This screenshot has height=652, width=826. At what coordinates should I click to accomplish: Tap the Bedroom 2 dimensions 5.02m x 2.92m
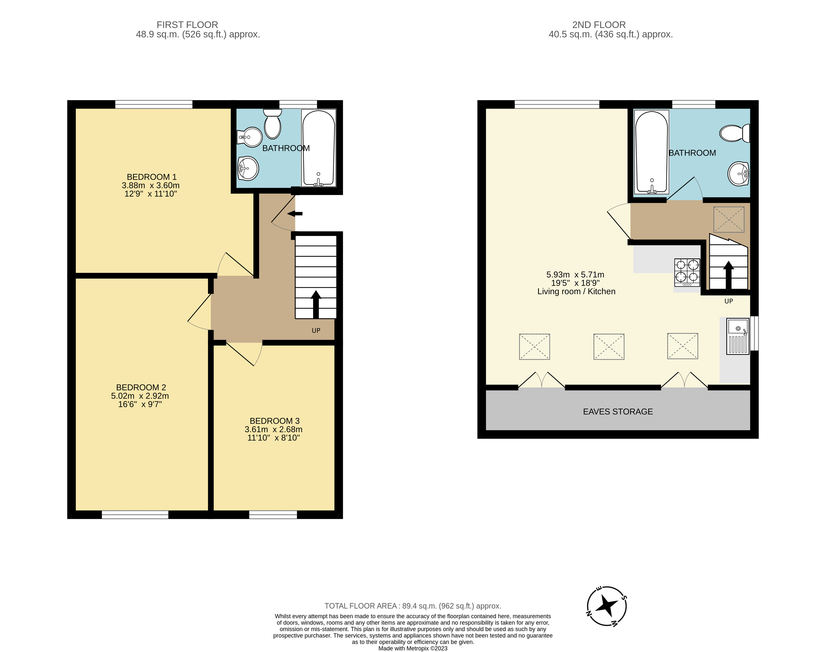(x=140, y=396)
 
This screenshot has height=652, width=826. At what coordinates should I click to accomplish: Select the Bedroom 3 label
(x=274, y=421)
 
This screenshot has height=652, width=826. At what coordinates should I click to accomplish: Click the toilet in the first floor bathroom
(x=273, y=124)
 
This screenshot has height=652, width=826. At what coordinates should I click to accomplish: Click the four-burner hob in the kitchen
(x=687, y=272)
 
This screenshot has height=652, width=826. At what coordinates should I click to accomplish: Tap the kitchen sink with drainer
(x=738, y=336)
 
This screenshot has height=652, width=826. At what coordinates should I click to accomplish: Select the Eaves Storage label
(x=618, y=412)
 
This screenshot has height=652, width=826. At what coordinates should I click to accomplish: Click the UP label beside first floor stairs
(x=316, y=331)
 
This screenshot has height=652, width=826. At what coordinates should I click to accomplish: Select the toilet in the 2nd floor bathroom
(x=735, y=133)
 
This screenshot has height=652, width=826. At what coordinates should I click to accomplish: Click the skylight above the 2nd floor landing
(x=729, y=220)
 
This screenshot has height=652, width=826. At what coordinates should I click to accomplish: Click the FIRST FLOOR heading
(x=187, y=25)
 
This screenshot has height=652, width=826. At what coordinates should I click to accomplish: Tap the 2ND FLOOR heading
(x=599, y=25)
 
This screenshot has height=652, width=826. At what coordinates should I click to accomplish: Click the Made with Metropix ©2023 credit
(x=413, y=648)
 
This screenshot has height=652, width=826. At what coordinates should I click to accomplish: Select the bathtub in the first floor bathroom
(x=319, y=148)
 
